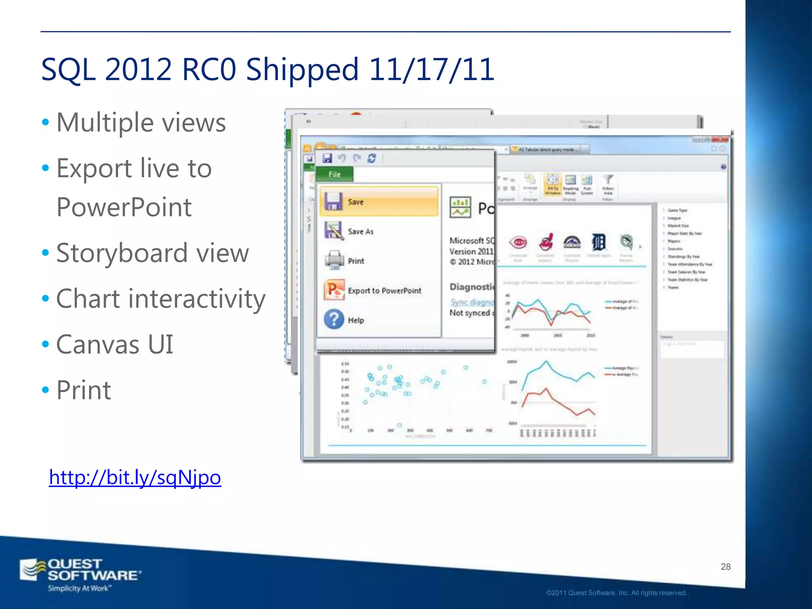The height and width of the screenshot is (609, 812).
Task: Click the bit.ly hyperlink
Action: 135,477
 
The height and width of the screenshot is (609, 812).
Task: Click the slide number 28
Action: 725,567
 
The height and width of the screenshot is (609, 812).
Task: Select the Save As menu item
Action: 360,232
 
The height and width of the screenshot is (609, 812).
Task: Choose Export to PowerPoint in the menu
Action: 384,291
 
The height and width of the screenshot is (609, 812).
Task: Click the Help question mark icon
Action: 334,319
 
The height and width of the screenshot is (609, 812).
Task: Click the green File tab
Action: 334,174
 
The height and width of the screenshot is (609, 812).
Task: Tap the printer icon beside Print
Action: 334,260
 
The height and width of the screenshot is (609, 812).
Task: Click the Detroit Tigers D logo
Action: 598,242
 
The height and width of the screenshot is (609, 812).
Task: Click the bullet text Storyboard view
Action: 153,253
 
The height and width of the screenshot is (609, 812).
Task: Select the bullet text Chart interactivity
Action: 161,299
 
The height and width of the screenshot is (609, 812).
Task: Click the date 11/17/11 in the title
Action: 431,69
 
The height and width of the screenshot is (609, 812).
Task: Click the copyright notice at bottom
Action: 617,593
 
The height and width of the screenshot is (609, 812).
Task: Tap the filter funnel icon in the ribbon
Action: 608,180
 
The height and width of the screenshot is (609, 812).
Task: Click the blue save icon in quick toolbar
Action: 327,158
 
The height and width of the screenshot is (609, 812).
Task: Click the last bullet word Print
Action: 84,390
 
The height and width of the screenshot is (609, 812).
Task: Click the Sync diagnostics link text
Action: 472,302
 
